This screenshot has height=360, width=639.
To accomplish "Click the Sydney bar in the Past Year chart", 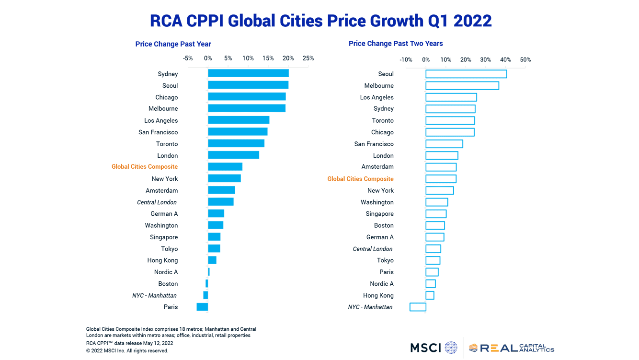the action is (x=248, y=73).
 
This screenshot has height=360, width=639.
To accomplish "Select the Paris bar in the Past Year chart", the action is (x=202, y=307).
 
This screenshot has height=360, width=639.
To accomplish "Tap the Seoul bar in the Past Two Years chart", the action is (x=466, y=74).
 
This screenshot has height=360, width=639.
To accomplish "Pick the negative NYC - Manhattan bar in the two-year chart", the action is (x=418, y=307).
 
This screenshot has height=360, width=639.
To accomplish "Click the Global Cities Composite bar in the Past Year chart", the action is (x=225, y=167).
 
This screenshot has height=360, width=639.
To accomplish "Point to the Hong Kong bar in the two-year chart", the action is (x=430, y=295).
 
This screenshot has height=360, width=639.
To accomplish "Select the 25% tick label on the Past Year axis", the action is (x=308, y=58).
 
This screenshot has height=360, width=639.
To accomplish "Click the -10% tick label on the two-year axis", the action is (x=406, y=59).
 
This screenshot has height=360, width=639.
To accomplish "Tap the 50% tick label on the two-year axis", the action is (x=525, y=59).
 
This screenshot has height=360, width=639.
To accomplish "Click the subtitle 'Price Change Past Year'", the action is (x=173, y=44).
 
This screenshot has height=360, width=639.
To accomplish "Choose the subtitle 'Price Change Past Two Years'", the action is (x=396, y=44).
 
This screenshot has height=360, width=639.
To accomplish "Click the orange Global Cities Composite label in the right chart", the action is (x=360, y=179).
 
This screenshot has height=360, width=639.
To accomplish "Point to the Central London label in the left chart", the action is (x=157, y=202).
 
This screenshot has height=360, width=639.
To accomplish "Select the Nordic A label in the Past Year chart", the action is (x=166, y=272).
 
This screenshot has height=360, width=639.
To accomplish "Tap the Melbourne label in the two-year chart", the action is (x=379, y=86).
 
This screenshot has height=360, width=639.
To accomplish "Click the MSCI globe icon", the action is (x=451, y=348).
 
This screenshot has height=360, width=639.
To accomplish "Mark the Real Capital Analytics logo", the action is (x=512, y=348).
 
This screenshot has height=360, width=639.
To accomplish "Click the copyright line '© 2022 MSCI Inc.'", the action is (x=127, y=350).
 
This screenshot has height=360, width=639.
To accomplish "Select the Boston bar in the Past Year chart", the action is (x=207, y=283).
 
